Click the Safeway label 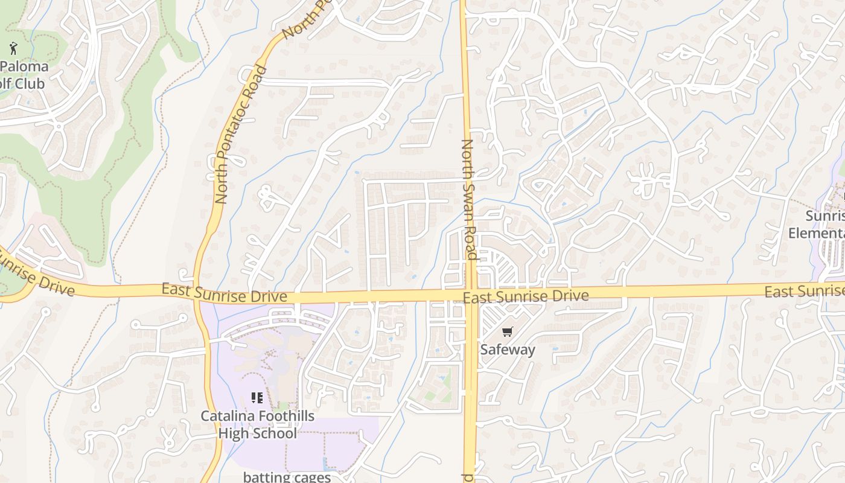click(507, 350)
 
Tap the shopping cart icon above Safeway click(507, 332)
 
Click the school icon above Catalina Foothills click(257, 398)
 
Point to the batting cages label click(287, 477)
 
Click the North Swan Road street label click(470, 199)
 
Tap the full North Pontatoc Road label click(241, 134)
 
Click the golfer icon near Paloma click(13, 48)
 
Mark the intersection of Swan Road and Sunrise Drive click(470, 295)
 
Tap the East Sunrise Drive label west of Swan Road click(224, 294)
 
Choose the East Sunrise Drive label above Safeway click(525, 296)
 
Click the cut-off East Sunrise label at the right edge click(804, 292)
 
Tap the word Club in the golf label click(30, 83)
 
